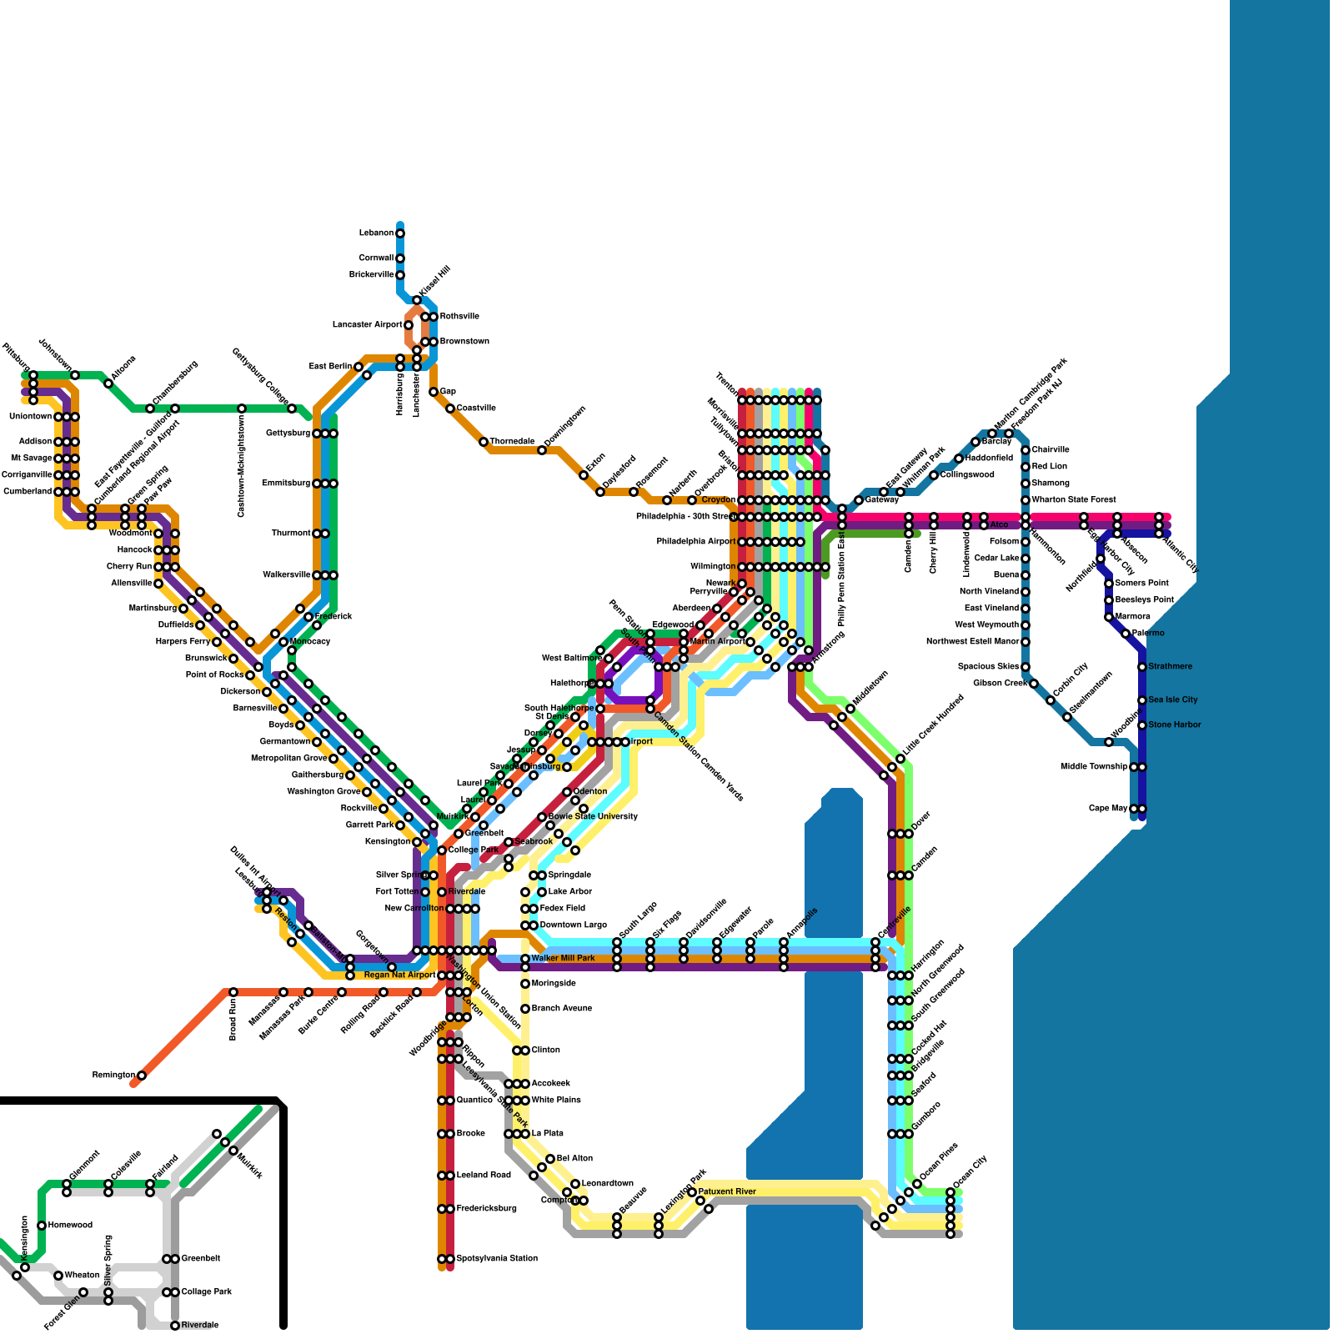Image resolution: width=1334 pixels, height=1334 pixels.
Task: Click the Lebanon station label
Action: click(376, 233)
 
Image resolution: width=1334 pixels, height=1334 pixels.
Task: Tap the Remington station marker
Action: click(142, 1076)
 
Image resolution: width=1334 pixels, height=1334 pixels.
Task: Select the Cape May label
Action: click(1108, 809)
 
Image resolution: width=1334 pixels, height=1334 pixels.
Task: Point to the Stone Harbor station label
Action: click(1175, 725)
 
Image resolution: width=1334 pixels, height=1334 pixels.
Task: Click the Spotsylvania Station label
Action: click(497, 1259)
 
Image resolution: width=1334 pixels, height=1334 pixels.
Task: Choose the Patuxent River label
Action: click(727, 1192)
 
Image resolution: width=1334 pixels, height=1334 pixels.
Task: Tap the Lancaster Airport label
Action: click(367, 325)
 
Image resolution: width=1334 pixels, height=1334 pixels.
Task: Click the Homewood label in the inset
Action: click(70, 1226)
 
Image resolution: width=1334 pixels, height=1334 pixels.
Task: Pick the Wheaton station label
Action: click(82, 1276)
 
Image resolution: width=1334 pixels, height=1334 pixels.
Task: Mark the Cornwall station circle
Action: click(400, 258)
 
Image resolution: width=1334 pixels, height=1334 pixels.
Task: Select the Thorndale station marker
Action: click(484, 442)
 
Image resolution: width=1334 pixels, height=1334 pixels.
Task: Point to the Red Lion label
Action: click(1050, 467)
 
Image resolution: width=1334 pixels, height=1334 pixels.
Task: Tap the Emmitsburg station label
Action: click(286, 484)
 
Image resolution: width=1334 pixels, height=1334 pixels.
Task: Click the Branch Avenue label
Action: click(562, 1009)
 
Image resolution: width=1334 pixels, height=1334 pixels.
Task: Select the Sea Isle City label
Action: click(1173, 700)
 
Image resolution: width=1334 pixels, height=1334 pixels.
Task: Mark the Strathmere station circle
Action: click(1142, 667)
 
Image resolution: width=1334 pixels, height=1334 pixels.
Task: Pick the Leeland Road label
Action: click(484, 1176)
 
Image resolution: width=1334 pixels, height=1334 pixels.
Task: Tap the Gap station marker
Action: click(434, 392)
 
